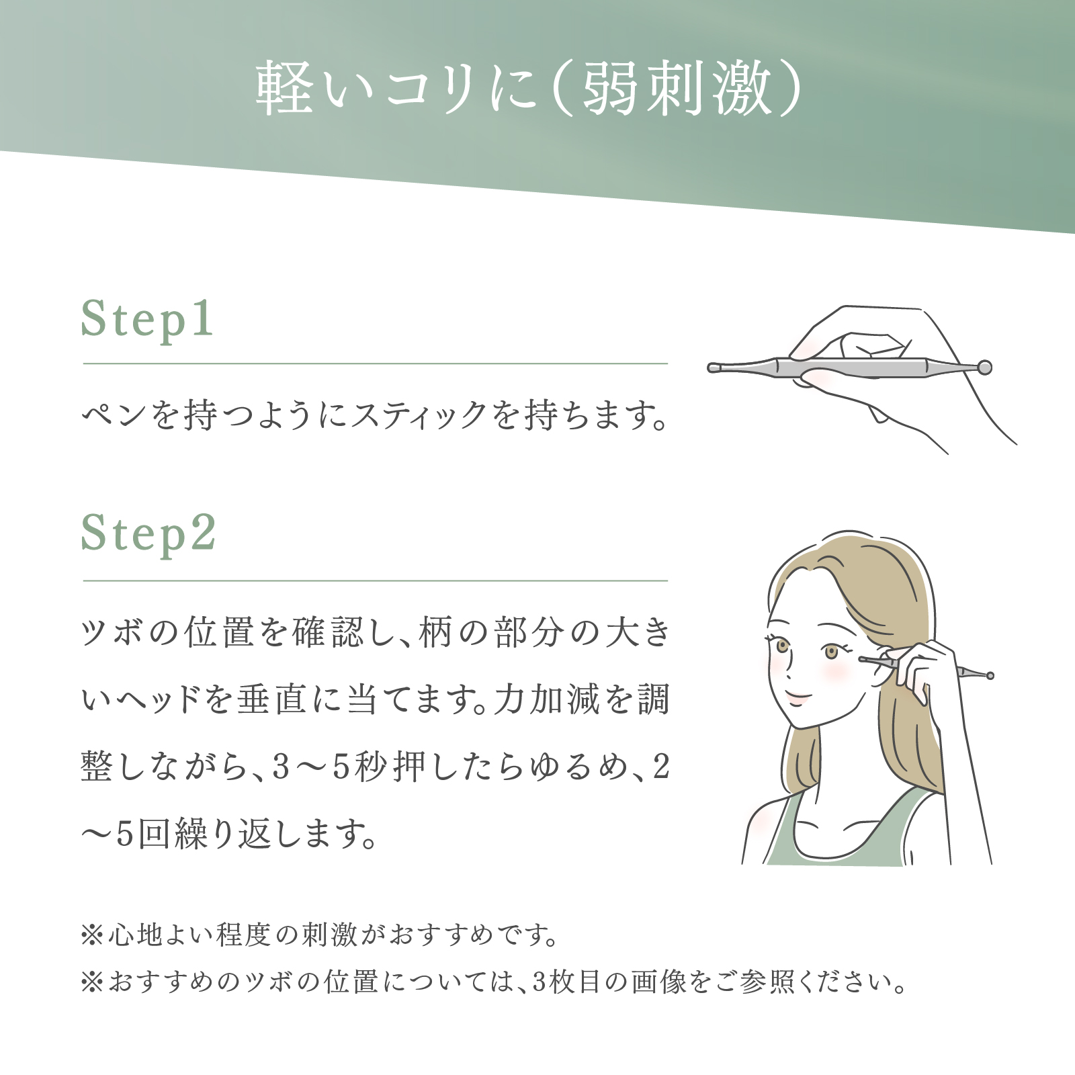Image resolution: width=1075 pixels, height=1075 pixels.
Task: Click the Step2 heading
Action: tap(148, 535)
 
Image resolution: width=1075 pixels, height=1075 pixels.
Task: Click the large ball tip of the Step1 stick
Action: tap(984, 367)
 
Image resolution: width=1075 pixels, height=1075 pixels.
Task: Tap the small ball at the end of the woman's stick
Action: tap(990, 675)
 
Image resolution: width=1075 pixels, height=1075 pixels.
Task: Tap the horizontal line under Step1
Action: tap(376, 363)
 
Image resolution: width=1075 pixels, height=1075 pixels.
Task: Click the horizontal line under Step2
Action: tap(376, 580)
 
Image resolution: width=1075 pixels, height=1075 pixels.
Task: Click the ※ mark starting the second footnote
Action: tap(92, 983)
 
